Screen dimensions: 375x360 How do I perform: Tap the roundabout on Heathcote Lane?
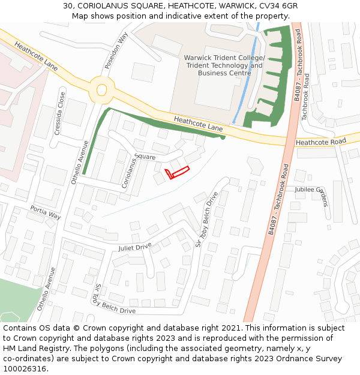(x=101, y=90)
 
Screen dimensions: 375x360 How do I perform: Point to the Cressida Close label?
(x=60, y=113)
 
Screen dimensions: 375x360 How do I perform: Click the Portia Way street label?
(x=46, y=212)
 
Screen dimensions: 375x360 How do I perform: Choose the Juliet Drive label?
(x=135, y=247)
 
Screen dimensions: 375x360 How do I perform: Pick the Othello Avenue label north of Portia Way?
(x=80, y=162)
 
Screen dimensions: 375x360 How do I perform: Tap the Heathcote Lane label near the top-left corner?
(x=36, y=56)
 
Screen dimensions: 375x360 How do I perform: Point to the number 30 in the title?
(x=68, y=6)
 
